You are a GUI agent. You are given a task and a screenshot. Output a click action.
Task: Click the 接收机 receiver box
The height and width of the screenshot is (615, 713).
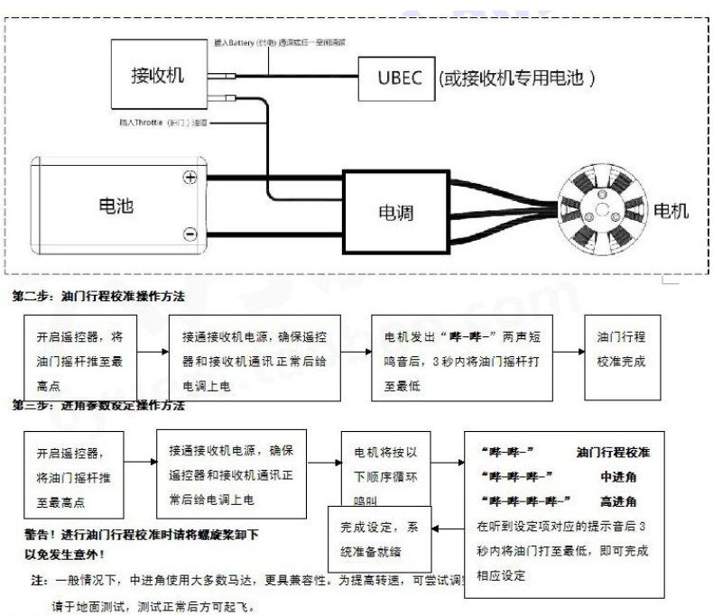(158, 75)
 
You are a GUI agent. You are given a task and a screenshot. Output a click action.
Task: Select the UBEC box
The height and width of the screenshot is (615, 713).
(394, 78)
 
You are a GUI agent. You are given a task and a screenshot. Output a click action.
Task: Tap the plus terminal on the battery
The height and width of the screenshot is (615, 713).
(190, 178)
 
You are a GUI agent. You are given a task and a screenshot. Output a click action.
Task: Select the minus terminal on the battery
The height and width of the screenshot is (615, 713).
(190, 234)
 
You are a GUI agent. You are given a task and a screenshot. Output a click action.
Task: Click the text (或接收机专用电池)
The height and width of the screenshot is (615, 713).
(516, 78)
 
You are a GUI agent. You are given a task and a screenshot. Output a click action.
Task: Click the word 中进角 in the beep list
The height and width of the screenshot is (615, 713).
(619, 475)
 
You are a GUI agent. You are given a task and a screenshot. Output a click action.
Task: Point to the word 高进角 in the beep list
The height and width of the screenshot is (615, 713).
(619, 500)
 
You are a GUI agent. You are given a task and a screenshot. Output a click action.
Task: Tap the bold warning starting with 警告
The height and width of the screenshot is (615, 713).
(135, 543)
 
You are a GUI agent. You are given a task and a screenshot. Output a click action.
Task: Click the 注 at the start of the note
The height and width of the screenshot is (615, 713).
(39, 579)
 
